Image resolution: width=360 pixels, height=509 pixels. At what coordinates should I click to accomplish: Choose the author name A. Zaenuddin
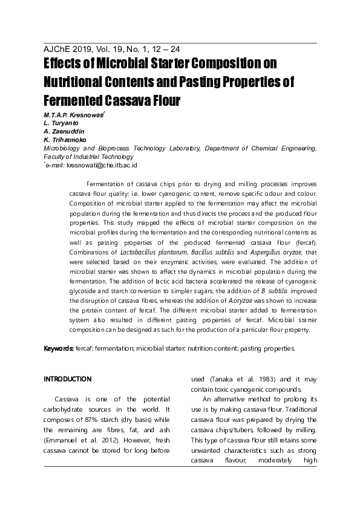[x=64, y=131]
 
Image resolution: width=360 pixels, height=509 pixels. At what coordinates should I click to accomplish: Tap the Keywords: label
[x=59, y=349]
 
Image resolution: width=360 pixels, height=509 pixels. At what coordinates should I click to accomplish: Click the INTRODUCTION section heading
[x=68, y=379]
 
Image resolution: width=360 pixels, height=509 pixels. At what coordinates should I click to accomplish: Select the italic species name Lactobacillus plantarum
[x=154, y=251]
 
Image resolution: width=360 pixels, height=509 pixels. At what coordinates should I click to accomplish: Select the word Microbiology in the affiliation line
[x=62, y=148]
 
